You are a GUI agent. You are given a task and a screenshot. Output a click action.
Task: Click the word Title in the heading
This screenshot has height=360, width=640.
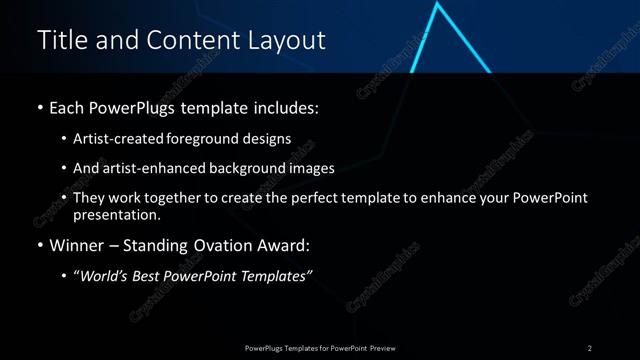click(x=61, y=40)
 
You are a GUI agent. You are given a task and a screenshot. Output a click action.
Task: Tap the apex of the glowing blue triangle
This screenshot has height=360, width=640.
click(x=437, y=5)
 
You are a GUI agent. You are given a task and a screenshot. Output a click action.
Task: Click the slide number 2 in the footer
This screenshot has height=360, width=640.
click(x=590, y=347)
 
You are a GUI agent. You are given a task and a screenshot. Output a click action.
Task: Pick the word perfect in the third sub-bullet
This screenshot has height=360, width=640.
click(x=306, y=198)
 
